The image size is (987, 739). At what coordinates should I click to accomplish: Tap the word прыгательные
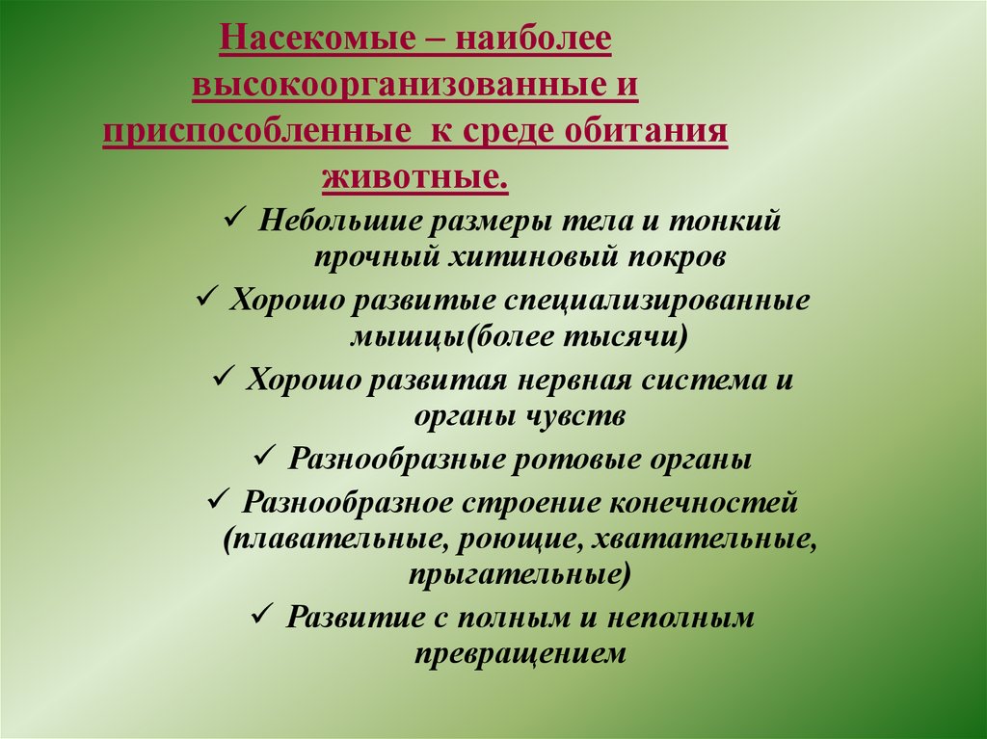coord(519,576)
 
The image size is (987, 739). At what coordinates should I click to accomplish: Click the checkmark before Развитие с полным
coord(262,615)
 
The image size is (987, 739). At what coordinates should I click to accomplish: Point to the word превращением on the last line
coord(521,654)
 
